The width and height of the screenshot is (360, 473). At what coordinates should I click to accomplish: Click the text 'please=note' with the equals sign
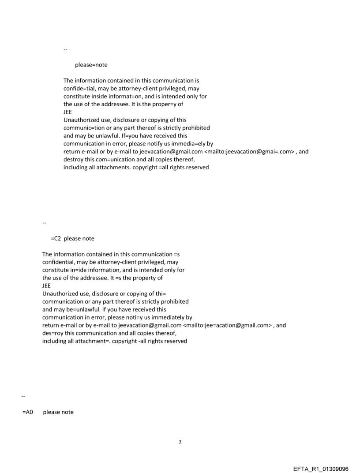(x=91, y=65)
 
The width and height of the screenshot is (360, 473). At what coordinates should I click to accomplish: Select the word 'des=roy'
(x=52, y=333)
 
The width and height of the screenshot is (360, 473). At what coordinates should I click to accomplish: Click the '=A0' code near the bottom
(x=28, y=412)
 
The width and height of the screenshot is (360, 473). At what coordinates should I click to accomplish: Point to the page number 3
(x=180, y=441)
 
